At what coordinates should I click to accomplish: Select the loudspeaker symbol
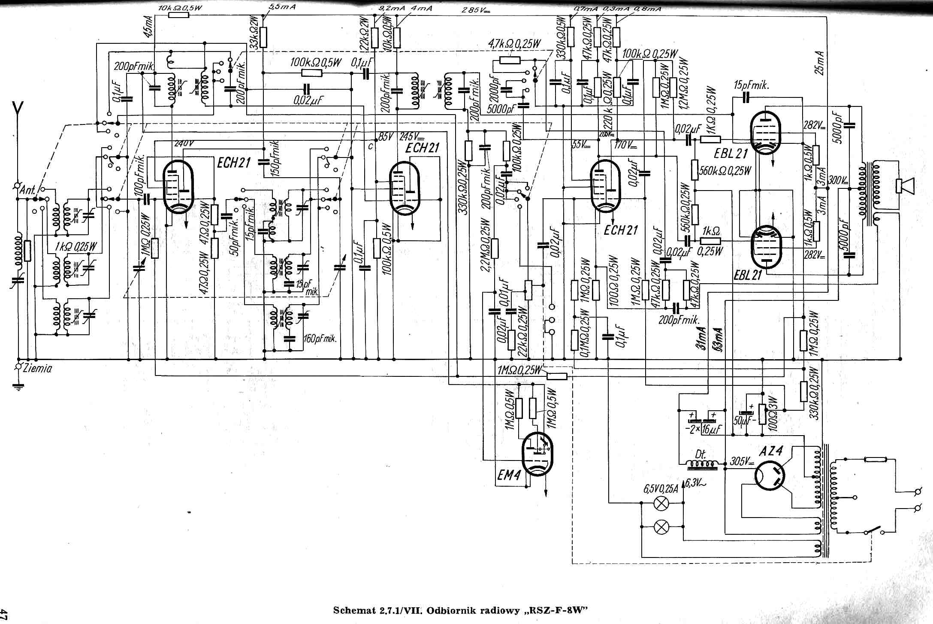pyautogui.click(x=905, y=186)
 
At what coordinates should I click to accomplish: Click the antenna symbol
pyautogui.click(x=18, y=112)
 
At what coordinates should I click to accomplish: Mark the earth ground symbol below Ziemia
pyautogui.click(x=18, y=387)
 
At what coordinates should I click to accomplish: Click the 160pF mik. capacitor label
pyautogui.click(x=320, y=339)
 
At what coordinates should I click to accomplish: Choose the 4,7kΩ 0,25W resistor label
pyautogui.click(x=514, y=44)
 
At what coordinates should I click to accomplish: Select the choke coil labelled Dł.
pyautogui.click(x=702, y=464)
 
